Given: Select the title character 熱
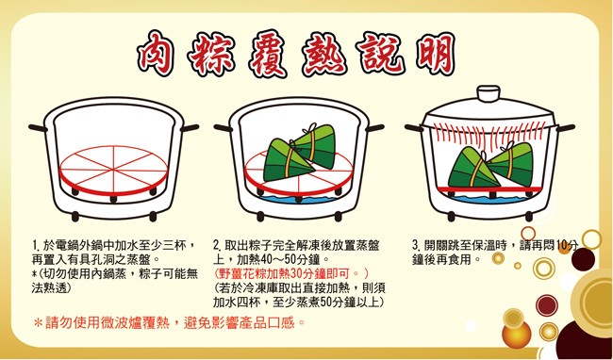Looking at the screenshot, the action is click(324, 54).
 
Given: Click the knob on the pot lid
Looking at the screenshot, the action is click(489, 94).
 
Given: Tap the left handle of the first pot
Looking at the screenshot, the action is click(38, 127).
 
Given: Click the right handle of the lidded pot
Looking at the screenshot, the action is click(565, 128).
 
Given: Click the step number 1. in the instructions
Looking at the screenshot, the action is click(36, 246).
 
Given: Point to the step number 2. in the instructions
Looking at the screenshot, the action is click(217, 246).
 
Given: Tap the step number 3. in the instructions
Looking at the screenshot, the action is click(416, 246).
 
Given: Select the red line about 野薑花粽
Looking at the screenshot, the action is click(290, 273).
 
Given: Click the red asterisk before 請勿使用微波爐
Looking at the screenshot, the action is click(39, 323).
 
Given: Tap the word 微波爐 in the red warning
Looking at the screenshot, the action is click(121, 323).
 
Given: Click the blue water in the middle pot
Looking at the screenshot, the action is click(298, 200).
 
